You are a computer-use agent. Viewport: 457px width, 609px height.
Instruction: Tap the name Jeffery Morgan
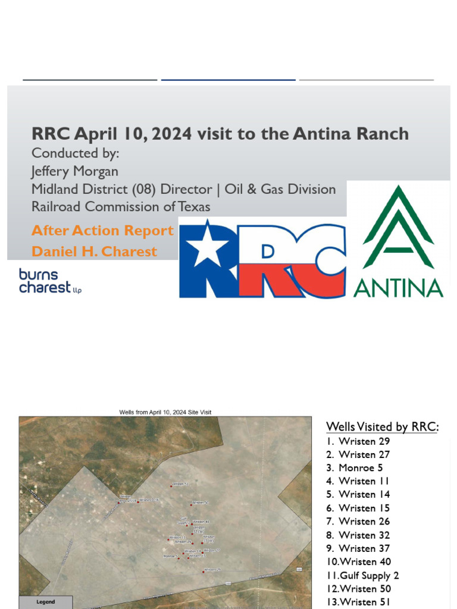[75, 171]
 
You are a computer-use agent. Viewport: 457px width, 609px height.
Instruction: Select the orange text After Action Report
[102, 231]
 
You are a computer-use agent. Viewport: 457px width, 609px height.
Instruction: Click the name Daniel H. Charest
[94, 252]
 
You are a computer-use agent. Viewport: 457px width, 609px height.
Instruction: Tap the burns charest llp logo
[50, 281]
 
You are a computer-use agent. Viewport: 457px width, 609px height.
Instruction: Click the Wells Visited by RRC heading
[382, 426]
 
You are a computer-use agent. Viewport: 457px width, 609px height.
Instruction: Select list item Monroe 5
[361, 467]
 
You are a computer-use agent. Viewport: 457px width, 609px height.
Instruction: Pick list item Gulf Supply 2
[368, 575]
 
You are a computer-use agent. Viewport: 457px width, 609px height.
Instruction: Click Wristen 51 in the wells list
[364, 602]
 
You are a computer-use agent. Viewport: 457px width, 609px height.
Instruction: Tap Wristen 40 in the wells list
[364, 561]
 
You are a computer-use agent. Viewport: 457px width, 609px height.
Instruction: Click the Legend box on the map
[46, 602]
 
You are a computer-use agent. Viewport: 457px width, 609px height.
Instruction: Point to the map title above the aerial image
[165, 412]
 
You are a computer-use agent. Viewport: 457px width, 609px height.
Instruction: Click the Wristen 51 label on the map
[180, 484]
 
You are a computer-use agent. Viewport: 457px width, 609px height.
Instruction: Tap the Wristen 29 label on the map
[212, 570]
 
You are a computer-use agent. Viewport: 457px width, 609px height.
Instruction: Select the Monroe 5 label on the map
[170, 556]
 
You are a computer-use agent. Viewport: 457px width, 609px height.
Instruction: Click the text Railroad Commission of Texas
[121, 206]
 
